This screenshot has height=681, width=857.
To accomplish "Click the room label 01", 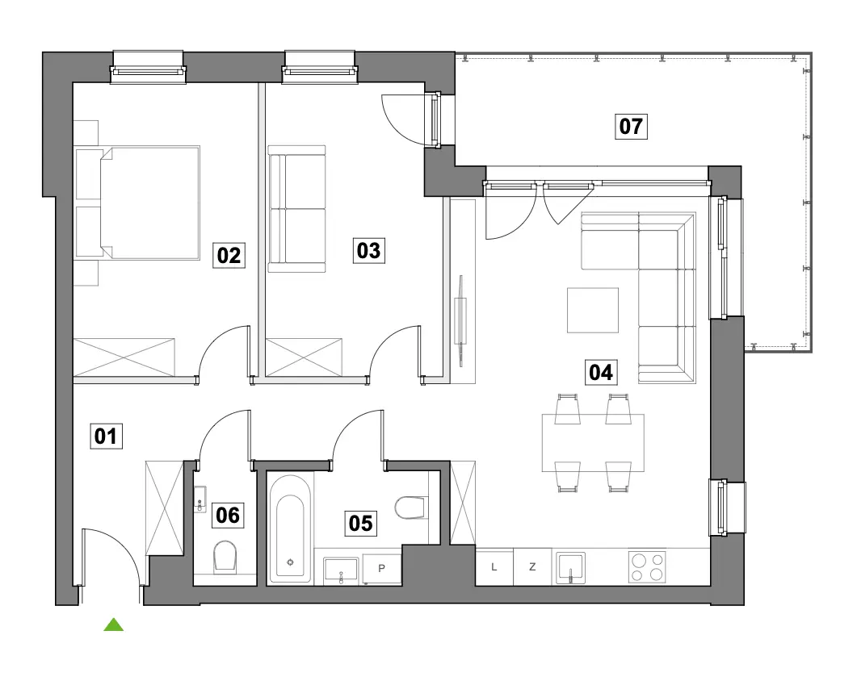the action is pos(106,437).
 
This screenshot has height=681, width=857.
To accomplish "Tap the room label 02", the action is pos(229,255).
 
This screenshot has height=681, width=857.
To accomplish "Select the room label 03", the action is pos(368,251).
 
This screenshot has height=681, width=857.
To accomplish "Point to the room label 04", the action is pos(601,373).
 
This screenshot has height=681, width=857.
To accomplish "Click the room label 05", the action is pos(361,523).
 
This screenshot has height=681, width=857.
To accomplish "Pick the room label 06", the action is pos(228,515).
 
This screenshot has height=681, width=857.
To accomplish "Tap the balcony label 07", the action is pos(631,126).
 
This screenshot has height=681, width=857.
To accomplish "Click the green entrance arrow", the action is pos(114,625).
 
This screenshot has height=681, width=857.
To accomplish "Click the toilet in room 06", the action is pos(225,557).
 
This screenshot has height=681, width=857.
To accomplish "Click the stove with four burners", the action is pos(647,567).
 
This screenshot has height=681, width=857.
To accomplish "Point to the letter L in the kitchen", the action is pos(494,567).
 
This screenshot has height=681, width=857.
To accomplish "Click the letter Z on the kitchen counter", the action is pos(532,567).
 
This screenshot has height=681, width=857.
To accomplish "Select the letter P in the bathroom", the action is pos(381,568).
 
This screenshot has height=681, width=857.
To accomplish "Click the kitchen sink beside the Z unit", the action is pos(570,568).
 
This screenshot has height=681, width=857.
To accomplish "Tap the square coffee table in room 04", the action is pos(593,310).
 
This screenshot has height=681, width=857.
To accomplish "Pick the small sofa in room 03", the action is pos(296,209).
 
